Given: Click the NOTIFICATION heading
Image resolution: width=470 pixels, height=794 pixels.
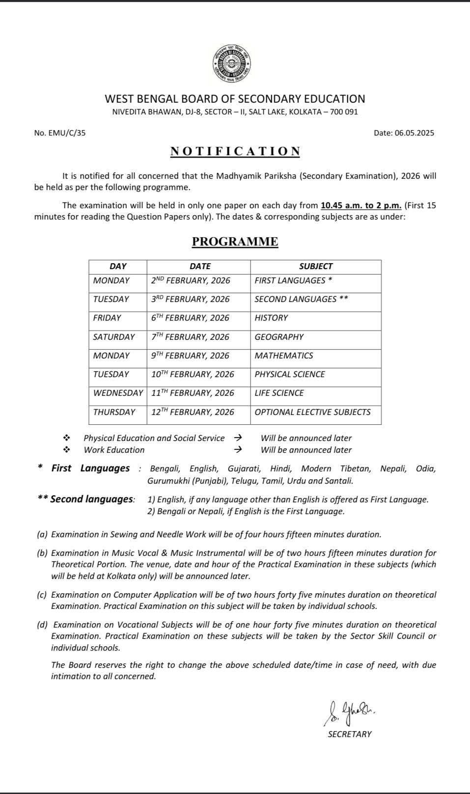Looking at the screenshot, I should point(235,151).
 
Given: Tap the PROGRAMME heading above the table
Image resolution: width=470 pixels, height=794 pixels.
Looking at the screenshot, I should point(235,242).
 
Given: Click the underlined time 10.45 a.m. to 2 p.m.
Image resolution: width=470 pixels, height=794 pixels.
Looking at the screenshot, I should point(361,205).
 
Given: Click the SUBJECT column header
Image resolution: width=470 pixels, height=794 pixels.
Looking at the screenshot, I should point(316,266).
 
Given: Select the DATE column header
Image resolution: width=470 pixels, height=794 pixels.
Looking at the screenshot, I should point(200,266).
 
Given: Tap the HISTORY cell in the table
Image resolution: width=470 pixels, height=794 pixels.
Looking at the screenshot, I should point(271,318).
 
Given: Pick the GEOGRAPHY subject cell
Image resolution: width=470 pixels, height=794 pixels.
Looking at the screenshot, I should point(279,337).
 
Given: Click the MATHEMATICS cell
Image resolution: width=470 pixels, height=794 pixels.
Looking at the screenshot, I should point(283,356).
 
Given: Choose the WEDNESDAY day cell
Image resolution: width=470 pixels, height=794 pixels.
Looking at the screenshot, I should point(118,393).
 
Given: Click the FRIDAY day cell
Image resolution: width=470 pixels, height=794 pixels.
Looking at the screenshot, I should point(107,318).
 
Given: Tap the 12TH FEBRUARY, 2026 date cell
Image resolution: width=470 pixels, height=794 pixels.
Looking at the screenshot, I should point(193,412).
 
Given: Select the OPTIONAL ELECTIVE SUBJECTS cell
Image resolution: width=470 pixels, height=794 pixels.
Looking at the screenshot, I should point(312,412).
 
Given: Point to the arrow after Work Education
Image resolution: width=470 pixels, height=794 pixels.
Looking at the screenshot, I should point(238,449).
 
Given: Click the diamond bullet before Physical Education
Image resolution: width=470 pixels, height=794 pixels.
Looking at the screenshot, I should point(66,438).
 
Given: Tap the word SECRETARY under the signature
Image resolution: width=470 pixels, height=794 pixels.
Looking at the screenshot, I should point(350,734).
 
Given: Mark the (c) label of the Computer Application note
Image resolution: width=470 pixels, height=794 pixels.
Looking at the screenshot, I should point(42,595).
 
